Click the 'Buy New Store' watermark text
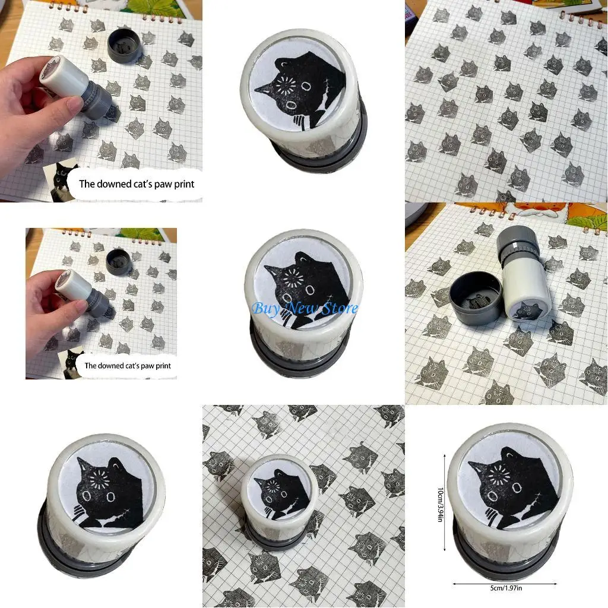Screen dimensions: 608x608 [305, 308]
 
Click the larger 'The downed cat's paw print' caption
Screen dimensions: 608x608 [137, 183]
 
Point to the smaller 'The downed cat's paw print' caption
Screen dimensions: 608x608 [127, 366]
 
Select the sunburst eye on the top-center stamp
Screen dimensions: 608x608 [289, 87]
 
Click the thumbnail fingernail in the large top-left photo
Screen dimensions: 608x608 [75, 106]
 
